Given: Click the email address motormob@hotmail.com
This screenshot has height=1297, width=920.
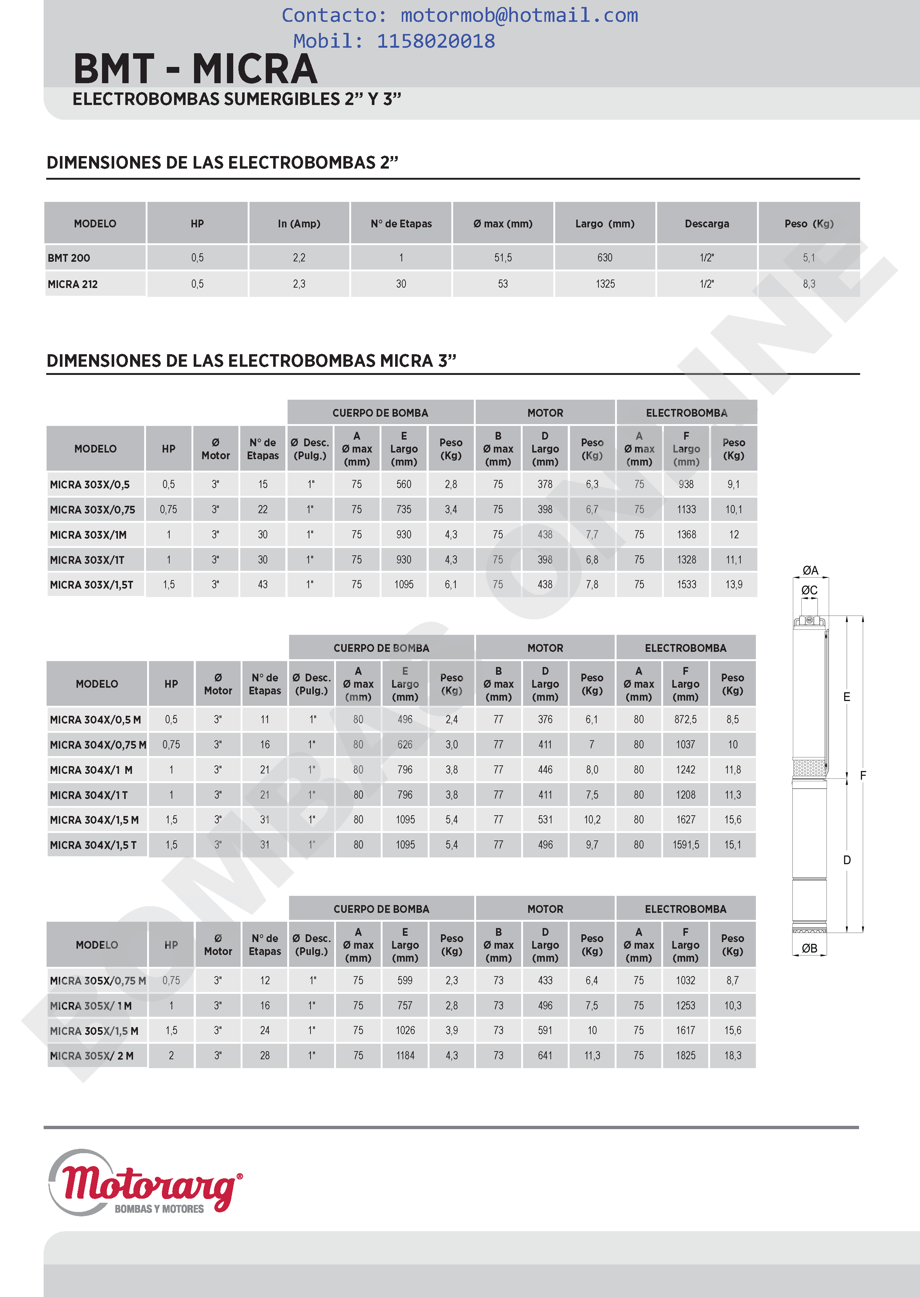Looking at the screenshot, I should click(519, 15).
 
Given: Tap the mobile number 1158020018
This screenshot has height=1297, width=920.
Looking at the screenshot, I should click(436, 41).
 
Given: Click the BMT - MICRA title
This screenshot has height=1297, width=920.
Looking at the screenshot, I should click(196, 69).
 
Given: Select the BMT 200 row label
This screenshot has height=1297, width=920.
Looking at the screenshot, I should click(69, 258).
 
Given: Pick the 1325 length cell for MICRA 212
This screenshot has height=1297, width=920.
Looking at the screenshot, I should click(605, 284).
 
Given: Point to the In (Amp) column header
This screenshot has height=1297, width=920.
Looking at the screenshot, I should click(299, 224).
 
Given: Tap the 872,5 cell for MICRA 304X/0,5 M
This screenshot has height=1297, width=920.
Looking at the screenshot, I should click(685, 719).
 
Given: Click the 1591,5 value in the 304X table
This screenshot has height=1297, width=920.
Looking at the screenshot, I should click(685, 845).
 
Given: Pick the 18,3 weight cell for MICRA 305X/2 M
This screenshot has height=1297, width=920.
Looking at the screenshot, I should click(733, 1056).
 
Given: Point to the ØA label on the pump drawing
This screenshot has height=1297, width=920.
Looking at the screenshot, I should click(810, 570).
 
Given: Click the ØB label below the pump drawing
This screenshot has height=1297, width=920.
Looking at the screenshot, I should click(809, 948).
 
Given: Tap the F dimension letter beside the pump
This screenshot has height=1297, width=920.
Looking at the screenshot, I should click(863, 775).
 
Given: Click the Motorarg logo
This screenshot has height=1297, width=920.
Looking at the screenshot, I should click(146, 1182).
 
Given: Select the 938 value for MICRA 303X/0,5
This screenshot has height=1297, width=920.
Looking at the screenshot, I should click(686, 484).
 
